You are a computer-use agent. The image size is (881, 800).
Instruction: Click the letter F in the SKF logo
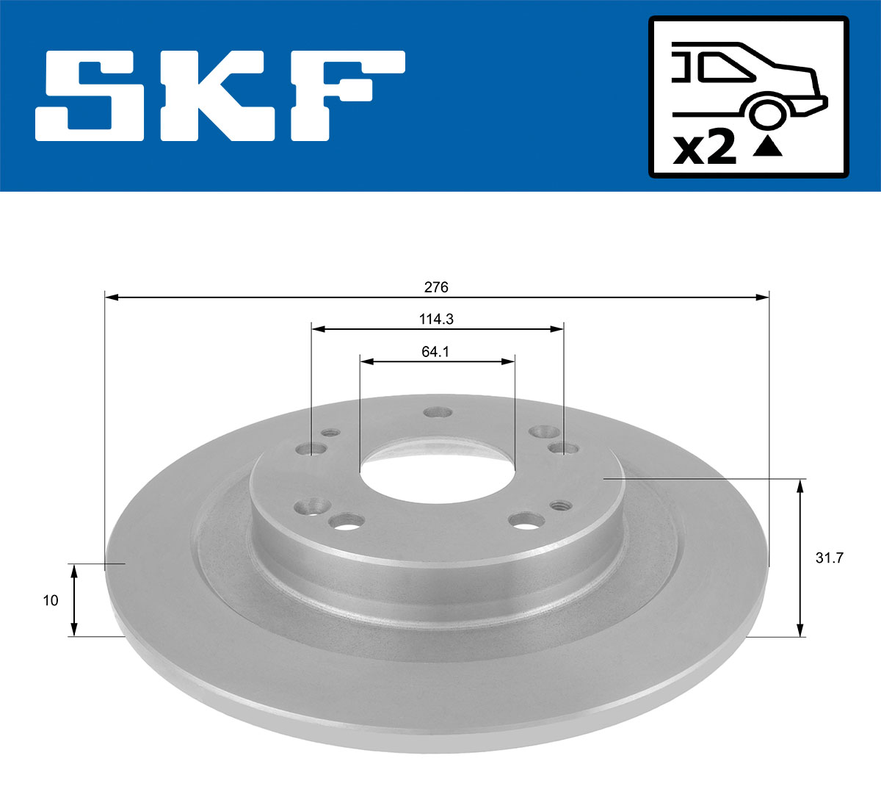(345, 96)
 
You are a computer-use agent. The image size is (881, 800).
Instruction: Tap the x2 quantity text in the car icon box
(704, 149)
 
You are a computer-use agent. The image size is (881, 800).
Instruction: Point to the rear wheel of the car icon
(766, 114)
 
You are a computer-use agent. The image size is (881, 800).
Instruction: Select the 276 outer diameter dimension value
(436, 287)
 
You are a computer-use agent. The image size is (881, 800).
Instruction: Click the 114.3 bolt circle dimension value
(436, 320)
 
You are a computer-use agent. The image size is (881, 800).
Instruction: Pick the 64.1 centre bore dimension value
(435, 352)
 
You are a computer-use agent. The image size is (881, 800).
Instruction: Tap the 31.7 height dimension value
(830, 558)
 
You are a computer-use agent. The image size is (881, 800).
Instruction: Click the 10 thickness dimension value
(50, 600)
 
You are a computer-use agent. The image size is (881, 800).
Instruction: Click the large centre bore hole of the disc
(437, 470)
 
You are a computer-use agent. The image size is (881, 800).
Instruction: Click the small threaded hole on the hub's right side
(561, 505)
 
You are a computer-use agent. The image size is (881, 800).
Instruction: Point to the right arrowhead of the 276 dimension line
(764, 297)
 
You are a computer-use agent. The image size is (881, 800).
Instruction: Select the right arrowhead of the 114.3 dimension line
(557, 329)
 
